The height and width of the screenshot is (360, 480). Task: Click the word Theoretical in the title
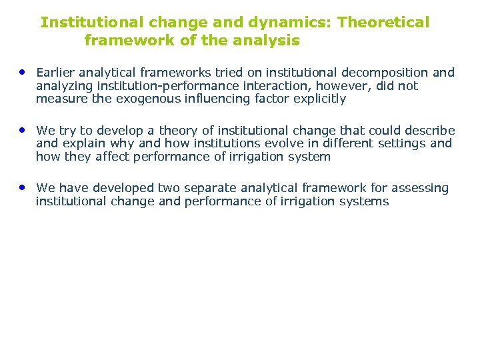pos(383,23)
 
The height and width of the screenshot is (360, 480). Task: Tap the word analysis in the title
pos(267,41)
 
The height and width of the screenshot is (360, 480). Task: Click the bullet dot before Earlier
pos(23,71)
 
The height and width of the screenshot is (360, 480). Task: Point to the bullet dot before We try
pos(23,129)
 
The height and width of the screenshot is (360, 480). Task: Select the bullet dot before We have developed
pos(23,187)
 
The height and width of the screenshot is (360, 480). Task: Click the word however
pos(339,86)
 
